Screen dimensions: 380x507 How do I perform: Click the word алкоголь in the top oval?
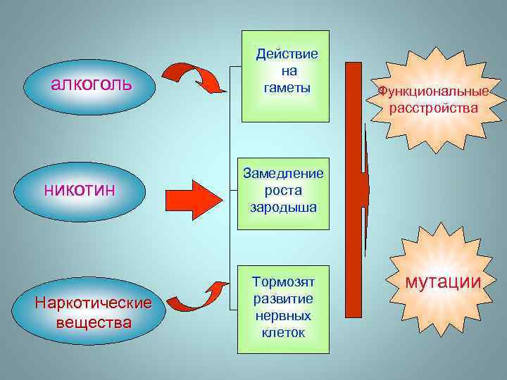[x=92, y=85]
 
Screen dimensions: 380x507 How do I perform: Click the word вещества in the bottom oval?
[x=95, y=322]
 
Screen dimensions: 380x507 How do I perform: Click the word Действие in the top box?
[x=287, y=54]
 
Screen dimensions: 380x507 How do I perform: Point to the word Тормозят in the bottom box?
[x=283, y=281]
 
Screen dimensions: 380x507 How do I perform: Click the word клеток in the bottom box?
[x=283, y=332]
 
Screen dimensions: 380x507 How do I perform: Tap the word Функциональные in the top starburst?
[x=432, y=91]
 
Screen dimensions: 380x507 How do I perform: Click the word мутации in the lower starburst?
[x=443, y=282]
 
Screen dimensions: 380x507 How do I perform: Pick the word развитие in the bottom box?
[x=283, y=298]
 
